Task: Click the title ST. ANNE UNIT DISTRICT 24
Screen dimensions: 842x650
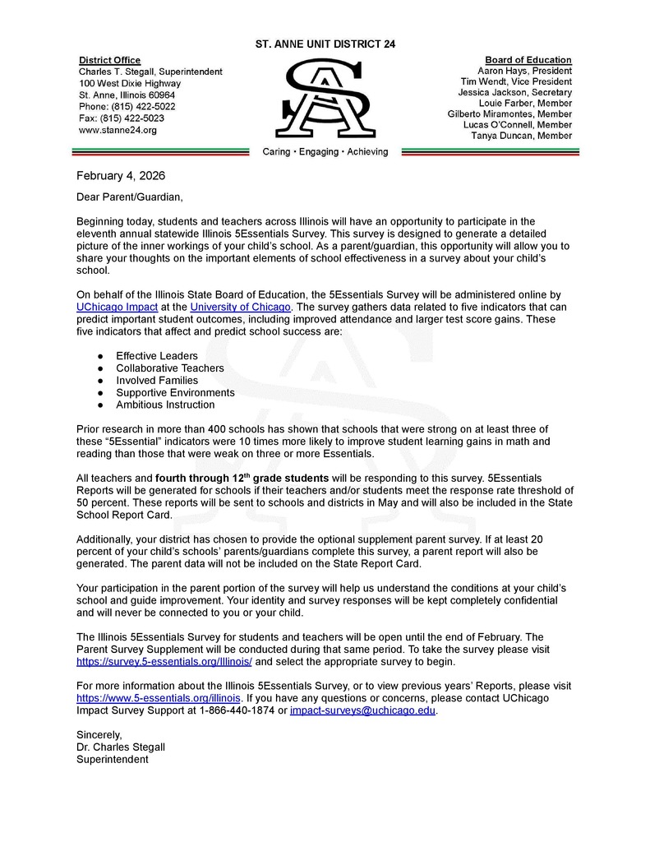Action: [325, 44]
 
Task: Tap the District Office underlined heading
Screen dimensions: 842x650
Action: [109, 60]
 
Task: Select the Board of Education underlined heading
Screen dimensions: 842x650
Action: [528, 60]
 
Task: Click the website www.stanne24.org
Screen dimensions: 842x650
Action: [118, 130]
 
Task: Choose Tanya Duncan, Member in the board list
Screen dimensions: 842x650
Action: [522, 136]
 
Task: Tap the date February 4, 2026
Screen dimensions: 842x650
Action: [121, 175]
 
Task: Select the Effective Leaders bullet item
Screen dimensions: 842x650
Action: [156, 356]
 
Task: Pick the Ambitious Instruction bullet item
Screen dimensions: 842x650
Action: [165, 405]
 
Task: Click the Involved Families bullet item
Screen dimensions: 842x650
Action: [156, 381]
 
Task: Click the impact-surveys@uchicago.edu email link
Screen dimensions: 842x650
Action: [362, 710]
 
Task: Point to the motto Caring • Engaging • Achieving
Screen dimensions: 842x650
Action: [325, 152]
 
